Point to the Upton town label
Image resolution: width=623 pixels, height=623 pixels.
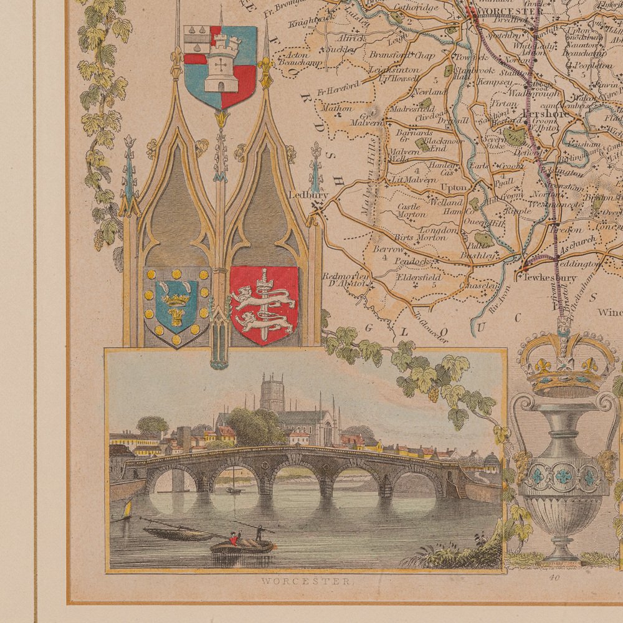(454, 187)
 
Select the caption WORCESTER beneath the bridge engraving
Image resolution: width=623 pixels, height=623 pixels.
(305, 582)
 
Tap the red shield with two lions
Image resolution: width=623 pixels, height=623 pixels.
(264, 305)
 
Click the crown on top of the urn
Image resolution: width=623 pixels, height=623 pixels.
(566, 364)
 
